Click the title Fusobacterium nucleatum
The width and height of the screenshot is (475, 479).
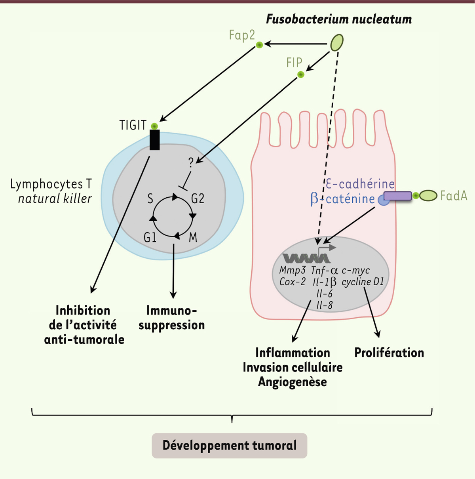tap(338, 19)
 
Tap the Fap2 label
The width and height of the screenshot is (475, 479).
tap(241, 35)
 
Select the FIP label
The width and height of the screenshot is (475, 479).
tap(294, 63)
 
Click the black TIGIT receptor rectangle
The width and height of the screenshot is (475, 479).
tap(155, 140)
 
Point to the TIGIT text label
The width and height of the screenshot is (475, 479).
tap(133, 125)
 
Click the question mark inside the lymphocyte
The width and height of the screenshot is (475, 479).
tap(191, 162)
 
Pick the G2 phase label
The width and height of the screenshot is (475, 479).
tap(198, 198)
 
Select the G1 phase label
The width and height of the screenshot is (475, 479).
tap(150, 237)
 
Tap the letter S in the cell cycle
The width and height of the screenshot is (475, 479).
tap(150, 198)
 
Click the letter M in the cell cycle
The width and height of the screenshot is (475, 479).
tap(193, 237)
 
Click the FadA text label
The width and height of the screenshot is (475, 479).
tap(454, 195)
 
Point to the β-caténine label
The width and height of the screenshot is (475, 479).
tap(342, 198)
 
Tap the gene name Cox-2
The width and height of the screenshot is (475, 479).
tap(293, 282)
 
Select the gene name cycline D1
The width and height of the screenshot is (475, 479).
tap(363, 282)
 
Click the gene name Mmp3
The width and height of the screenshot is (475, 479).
tap(293, 270)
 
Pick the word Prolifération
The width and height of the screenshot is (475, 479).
tap(389, 353)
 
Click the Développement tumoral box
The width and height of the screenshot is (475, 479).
tap(230, 445)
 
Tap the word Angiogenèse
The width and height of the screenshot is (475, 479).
tap(293, 382)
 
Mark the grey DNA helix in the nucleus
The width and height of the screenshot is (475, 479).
tap(306, 258)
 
